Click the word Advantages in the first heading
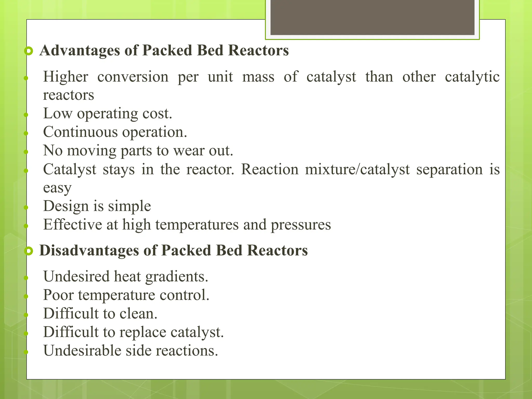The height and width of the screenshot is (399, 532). [80, 50]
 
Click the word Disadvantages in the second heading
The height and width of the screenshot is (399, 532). [89, 251]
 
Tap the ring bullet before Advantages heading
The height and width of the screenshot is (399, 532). [29, 51]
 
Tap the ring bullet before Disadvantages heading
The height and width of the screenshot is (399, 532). [29, 251]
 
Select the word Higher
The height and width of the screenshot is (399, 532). [65, 77]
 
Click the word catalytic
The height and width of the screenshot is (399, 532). [472, 77]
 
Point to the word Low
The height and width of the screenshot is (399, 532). [57, 114]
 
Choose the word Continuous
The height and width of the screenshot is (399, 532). [80, 132]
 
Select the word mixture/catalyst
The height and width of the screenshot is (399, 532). [357, 169]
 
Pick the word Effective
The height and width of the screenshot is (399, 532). [72, 224]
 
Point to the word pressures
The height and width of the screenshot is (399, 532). [301, 225]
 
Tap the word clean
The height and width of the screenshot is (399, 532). [138, 314]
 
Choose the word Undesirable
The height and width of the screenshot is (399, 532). [82, 350]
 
